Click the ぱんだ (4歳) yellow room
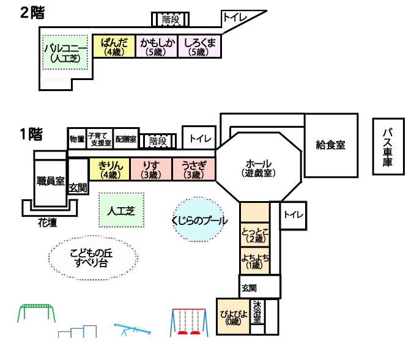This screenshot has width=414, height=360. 114,46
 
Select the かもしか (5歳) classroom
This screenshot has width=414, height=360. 157,46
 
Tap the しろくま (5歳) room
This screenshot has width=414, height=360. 199,46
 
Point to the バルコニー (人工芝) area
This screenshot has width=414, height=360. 65,53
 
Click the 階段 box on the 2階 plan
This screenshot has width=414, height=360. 170,20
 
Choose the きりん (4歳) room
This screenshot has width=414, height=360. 110,169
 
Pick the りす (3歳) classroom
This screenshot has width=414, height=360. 151,169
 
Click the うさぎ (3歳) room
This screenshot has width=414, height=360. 194,169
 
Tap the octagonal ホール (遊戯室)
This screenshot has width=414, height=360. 259,167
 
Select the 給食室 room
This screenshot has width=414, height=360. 331,145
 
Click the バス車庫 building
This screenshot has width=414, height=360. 388,147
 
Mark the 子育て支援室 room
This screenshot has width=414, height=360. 100,139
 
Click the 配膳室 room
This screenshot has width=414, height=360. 126,139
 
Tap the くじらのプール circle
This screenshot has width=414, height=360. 199,219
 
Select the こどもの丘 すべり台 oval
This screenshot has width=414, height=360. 93,257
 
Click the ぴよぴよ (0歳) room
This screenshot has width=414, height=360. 233,317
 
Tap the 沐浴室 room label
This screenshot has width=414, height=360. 257,312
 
